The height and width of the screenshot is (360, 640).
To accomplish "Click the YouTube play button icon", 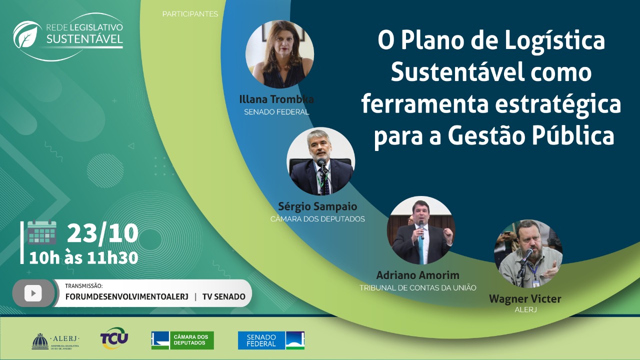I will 33,293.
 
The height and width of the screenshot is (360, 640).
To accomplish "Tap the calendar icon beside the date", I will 41,233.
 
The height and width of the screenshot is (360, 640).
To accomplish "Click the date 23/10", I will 102,233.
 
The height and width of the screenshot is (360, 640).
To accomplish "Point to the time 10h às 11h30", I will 83,257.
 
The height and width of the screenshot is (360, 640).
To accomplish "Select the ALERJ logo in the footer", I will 55,340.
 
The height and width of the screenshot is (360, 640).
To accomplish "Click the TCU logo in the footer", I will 114,338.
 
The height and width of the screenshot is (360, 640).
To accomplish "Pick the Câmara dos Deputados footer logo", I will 182,340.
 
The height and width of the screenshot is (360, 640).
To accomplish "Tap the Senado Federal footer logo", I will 271,340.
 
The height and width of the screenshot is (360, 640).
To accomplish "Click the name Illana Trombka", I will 276,99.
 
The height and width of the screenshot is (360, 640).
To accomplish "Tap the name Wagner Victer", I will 525,299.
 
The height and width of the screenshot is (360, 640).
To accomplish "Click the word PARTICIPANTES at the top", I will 190,14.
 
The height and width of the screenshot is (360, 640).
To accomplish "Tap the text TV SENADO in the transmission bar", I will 223,296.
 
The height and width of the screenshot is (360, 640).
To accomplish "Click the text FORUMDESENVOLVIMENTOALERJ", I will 127,296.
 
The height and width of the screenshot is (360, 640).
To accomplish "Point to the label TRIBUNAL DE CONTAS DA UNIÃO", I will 417,287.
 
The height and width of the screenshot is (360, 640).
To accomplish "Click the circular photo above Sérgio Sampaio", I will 320,161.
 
